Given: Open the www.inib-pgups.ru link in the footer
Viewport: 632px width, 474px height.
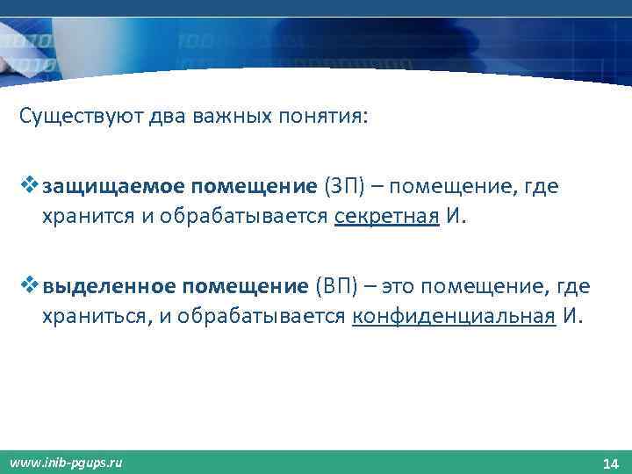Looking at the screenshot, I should click(x=67, y=462).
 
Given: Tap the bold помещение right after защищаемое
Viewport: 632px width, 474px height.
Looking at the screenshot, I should click(x=255, y=187).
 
